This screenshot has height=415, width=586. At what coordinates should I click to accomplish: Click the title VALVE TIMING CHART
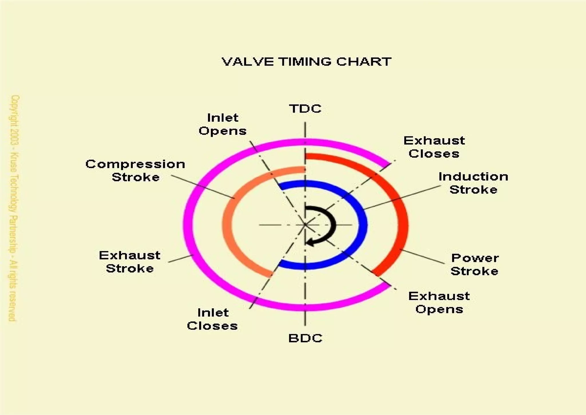(x=306, y=62)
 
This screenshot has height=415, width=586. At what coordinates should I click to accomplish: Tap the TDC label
(x=305, y=109)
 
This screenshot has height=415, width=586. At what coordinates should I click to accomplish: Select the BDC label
(x=305, y=338)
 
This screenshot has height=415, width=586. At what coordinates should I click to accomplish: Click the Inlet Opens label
(x=223, y=124)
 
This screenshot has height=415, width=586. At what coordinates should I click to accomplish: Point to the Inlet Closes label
(x=213, y=319)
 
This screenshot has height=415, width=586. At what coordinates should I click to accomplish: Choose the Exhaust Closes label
(x=434, y=147)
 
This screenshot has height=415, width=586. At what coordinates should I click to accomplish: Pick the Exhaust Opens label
(x=439, y=303)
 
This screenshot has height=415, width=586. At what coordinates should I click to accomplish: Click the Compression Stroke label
(x=135, y=171)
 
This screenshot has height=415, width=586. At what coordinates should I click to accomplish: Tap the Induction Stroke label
(x=474, y=183)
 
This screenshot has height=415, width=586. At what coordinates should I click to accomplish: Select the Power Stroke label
(x=475, y=264)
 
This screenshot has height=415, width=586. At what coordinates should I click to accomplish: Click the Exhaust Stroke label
(x=130, y=262)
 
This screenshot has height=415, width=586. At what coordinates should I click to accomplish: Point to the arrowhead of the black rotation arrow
(x=310, y=243)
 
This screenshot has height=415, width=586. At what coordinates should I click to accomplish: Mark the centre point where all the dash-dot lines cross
(x=305, y=225)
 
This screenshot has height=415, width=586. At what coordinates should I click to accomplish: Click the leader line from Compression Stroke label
(x=203, y=186)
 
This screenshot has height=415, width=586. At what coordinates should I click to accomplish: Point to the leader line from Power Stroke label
(x=422, y=256)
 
